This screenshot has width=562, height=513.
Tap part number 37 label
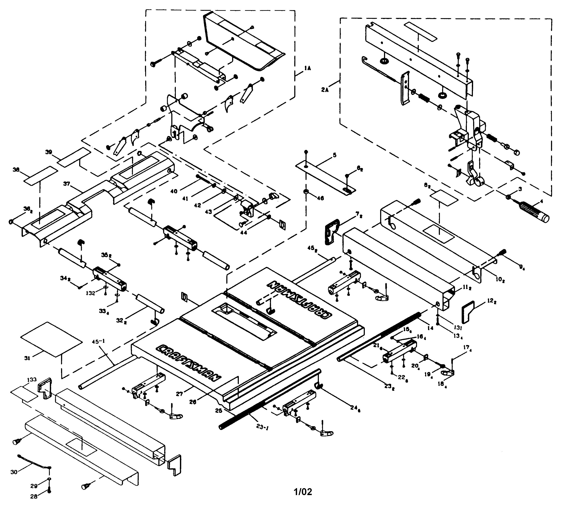(66, 184)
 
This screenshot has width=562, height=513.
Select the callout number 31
(27, 358)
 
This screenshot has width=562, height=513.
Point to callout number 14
(430, 328)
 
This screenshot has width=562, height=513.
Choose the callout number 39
(49, 152)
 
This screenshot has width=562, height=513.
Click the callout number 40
(174, 191)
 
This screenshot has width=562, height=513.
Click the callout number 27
(179, 394)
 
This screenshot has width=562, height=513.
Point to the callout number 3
(520, 189)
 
